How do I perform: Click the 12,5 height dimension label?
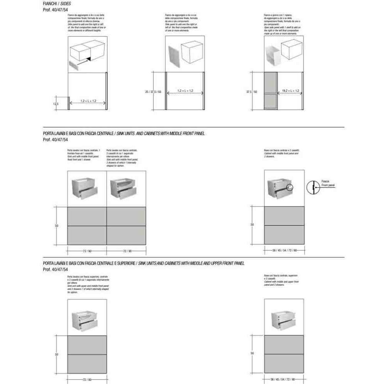(x=56, y=104)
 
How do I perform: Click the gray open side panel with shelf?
(x=271, y=91)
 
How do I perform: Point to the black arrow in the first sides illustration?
(x=89, y=58)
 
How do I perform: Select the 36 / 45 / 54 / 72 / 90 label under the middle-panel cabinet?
(x=284, y=251)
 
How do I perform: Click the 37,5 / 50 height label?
(x=252, y=92)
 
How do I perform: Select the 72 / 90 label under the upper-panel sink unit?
(x=87, y=380)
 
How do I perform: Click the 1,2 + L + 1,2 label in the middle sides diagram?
(x=185, y=91)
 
